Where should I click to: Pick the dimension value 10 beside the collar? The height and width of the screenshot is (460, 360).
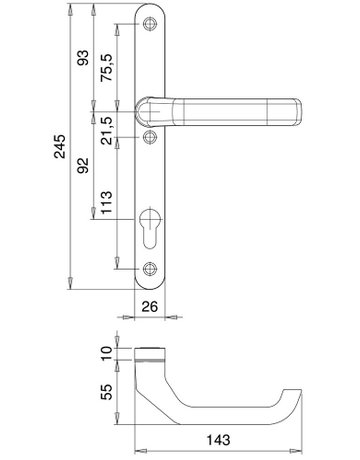coord(108,352)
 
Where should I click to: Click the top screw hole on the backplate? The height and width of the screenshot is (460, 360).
coord(151,24)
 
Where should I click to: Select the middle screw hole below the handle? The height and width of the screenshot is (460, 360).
coord(151,137)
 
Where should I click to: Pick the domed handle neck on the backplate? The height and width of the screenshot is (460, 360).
coord(151,108)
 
